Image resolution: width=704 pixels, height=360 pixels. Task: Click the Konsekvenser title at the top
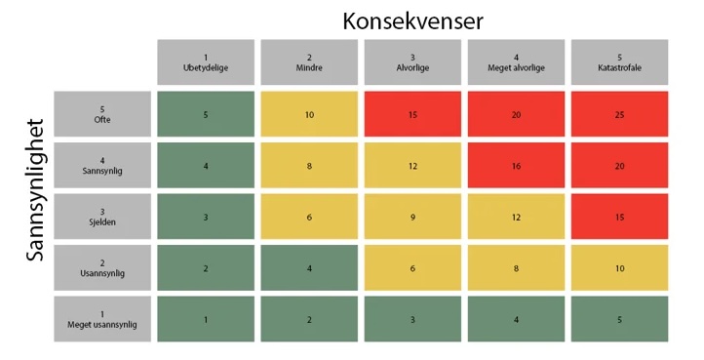(x=412, y=20)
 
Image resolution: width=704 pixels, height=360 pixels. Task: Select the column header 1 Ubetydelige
(x=206, y=62)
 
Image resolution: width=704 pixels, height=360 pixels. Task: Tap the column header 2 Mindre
(x=309, y=62)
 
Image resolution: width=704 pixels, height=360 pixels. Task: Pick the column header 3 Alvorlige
(x=412, y=62)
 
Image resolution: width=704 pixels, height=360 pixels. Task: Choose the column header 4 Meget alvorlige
(x=516, y=62)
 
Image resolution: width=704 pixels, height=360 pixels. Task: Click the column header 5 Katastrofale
(x=619, y=62)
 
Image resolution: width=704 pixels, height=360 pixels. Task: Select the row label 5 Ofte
(x=102, y=114)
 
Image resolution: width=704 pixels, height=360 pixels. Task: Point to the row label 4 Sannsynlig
(x=102, y=166)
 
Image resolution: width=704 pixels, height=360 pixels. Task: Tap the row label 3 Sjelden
(x=102, y=217)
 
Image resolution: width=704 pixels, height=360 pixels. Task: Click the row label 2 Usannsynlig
(x=102, y=268)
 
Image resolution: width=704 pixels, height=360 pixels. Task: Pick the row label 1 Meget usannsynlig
(x=102, y=319)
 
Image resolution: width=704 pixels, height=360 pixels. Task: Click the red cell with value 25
(x=619, y=114)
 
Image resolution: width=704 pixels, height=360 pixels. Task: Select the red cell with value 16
(x=516, y=166)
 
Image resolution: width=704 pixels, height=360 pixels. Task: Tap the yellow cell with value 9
(x=412, y=217)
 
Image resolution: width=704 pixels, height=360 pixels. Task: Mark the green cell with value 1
(x=206, y=319)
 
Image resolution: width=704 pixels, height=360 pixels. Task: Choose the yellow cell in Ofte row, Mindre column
(x=309, y=114)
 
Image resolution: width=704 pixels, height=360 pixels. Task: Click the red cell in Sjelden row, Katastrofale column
(x=619, y=217)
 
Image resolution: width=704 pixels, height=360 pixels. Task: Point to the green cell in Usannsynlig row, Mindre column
(x=309, y=268)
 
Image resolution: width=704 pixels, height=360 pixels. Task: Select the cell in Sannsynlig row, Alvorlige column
(x=412, y=166)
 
